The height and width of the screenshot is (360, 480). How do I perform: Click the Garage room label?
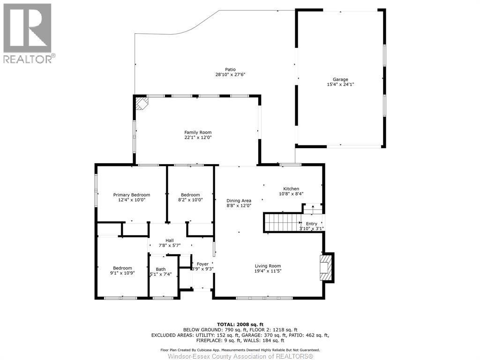click(340, 79)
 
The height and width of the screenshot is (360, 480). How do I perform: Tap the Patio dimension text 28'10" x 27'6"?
click(230, 75)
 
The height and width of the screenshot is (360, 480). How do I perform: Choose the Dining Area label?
click(239, 200)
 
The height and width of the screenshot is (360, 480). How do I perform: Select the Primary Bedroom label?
click(132, 195)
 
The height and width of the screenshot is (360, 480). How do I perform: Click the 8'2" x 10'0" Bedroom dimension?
click(190, 200)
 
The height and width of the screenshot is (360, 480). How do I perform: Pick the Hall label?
click(169, 240)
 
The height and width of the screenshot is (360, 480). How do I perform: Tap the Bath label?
click(161, 269)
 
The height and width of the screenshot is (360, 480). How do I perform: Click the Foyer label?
click(202, 264)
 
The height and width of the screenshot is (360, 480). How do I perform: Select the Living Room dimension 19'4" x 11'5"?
click(268, 271)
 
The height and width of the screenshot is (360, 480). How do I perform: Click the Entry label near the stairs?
click(311, 224)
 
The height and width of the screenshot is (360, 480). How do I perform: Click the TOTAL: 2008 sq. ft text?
click(240, 324)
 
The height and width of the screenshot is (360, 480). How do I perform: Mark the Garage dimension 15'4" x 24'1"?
click(340, 84)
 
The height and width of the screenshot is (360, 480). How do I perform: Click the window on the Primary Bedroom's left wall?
click(96, 191)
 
